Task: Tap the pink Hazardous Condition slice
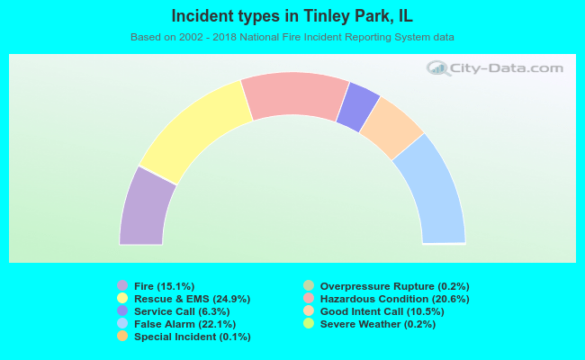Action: click(294, 95)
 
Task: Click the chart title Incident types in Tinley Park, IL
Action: click(292, 16)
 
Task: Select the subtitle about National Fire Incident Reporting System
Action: click(292, 37)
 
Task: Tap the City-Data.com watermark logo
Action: click(495, 68)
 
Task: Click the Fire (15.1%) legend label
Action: click(164, 286)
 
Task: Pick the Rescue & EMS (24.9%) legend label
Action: click(192, 299)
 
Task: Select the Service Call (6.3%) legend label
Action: click(182, 311)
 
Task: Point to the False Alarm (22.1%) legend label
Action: click(185, 324)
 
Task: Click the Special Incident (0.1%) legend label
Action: click(193, 337)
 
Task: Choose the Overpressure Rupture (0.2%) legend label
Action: click(395, 286)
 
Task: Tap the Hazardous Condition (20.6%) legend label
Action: click(395, 299)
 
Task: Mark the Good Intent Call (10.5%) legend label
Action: click(382, 311)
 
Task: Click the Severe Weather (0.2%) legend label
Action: click(378, 324)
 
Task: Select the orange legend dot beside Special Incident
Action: click(122, 336)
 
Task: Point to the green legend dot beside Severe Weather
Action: click(309, 323)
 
